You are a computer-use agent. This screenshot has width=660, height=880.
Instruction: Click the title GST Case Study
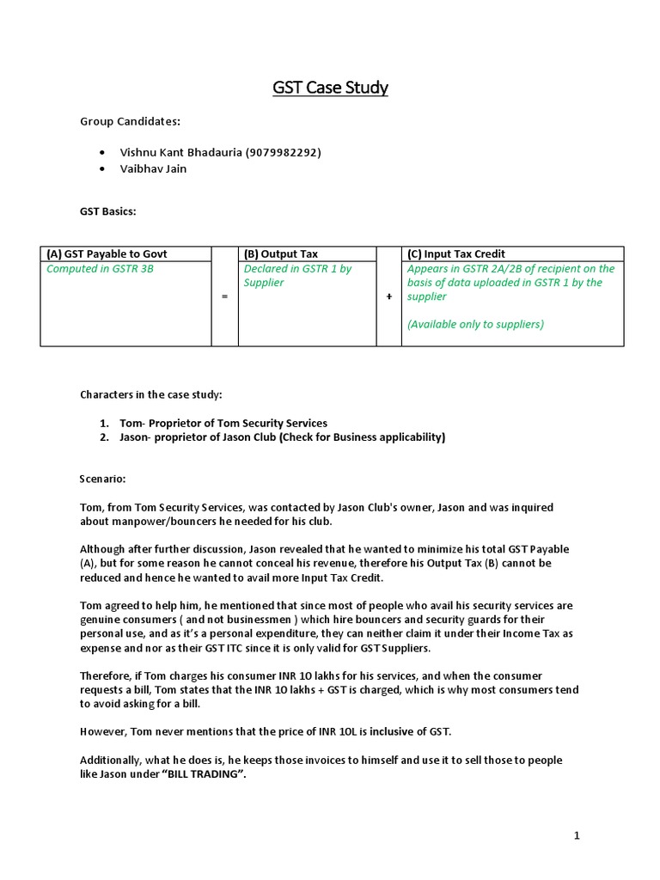coord(330,87)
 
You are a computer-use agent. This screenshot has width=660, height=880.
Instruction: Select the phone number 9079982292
coord(284,152)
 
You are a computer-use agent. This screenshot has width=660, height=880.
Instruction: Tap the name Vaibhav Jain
coord(154,168)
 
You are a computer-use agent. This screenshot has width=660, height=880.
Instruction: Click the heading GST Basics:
coord(108,211)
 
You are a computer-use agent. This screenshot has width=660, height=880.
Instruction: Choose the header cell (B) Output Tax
coord(281,254)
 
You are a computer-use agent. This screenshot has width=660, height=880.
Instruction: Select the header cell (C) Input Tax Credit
coord(456,254)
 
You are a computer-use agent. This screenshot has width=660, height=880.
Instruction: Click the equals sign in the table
coord(224,296)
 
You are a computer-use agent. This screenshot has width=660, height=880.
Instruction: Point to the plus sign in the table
coord(388,296)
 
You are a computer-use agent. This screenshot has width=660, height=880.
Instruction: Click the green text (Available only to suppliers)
coord(475,324)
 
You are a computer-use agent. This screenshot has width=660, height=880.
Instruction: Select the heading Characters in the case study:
coord(151,394)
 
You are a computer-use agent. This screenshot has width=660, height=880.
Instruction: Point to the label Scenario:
coord(103,478)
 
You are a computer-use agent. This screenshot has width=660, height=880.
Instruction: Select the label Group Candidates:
coord(130,122)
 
